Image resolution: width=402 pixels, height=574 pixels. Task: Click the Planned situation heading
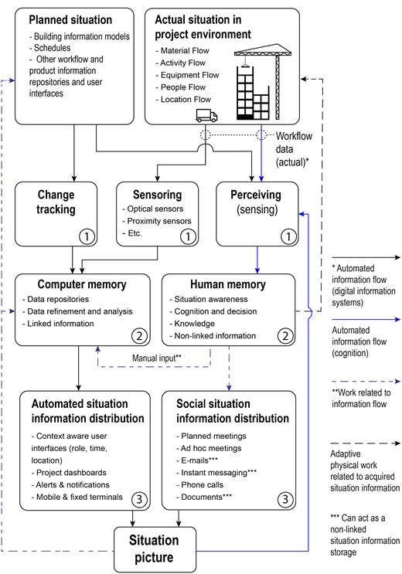70,20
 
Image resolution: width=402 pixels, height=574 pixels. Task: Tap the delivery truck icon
206,115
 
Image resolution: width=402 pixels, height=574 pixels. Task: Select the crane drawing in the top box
263,82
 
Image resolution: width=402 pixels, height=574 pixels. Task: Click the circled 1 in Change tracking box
87,236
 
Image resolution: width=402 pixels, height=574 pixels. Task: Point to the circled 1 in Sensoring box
188,236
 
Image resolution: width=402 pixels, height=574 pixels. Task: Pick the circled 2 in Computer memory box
139,336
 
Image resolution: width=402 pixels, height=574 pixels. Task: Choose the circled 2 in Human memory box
285,336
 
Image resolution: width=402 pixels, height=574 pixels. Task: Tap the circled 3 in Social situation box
285,499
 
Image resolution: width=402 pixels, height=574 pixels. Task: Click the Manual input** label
157,358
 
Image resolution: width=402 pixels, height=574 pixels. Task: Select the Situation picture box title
154,549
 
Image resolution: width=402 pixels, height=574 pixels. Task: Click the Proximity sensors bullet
157,221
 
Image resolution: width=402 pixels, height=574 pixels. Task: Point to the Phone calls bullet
199,484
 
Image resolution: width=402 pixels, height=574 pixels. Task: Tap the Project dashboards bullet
69,473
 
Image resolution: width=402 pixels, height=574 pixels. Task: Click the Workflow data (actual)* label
294,149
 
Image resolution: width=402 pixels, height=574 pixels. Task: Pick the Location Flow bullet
183,100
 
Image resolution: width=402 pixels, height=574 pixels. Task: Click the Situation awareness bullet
209,300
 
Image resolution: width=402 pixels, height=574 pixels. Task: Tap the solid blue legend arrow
366,320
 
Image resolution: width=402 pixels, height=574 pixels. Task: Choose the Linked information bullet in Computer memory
58,324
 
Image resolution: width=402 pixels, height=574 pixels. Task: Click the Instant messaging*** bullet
216,473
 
